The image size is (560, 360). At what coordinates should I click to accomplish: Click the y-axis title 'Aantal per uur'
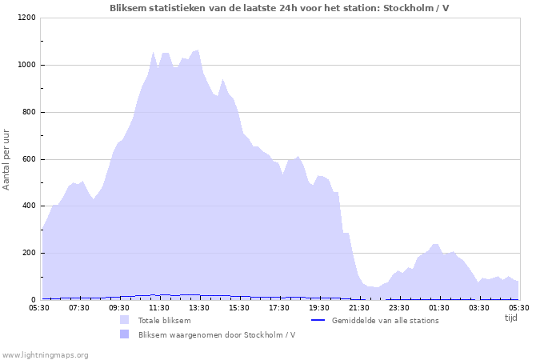tap(7, 158)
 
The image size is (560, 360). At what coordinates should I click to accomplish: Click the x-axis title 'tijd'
tap(510, 318)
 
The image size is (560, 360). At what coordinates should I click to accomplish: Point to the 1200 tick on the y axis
tap(26, 18)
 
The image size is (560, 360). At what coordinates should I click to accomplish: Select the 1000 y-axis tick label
tap(26, 66)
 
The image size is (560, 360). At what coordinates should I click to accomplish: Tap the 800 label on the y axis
tap(29, 113)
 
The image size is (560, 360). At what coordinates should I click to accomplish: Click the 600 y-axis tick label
tap(29, 159)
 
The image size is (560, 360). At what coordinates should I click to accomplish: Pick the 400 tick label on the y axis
tap(29, 206)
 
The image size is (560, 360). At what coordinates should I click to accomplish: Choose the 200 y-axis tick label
tap(29, 254)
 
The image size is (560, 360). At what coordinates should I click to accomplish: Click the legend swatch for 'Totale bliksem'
tap(124, 320)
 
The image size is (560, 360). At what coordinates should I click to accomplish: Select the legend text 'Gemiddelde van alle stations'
tap(385, 320)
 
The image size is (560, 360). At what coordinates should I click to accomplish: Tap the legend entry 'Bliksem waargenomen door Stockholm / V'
tap(217, 334)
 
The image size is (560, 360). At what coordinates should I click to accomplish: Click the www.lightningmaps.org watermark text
tap(45, 354)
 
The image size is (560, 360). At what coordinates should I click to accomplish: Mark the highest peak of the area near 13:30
tap(198, 50)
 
